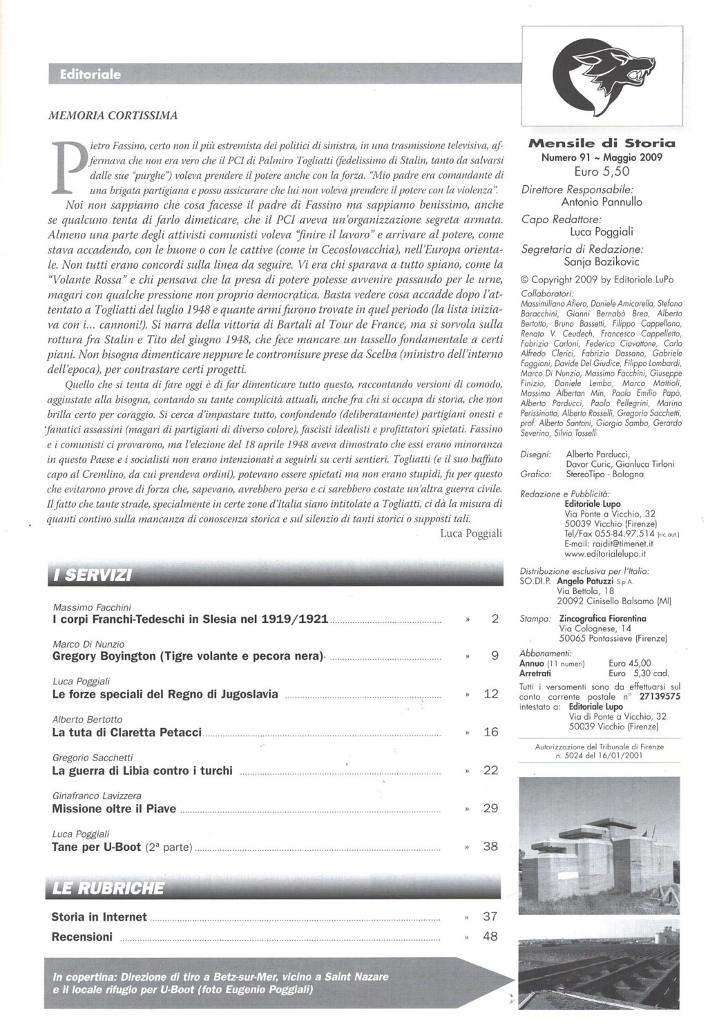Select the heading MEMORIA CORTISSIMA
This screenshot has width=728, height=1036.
[x=113, y=115]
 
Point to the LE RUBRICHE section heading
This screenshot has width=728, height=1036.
[x=108, y=888]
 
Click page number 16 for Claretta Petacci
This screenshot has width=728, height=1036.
[x=490, y=731]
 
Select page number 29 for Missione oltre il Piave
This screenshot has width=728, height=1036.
[x=490, y=807]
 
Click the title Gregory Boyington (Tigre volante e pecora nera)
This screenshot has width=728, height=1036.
[x=188, y=656]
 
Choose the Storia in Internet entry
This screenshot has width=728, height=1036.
[x=99, y=917]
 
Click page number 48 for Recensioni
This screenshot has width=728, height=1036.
[x=490, y=937]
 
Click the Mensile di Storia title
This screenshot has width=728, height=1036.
[x=601, y=144]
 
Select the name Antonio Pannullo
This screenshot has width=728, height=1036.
[x=601, y=202]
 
